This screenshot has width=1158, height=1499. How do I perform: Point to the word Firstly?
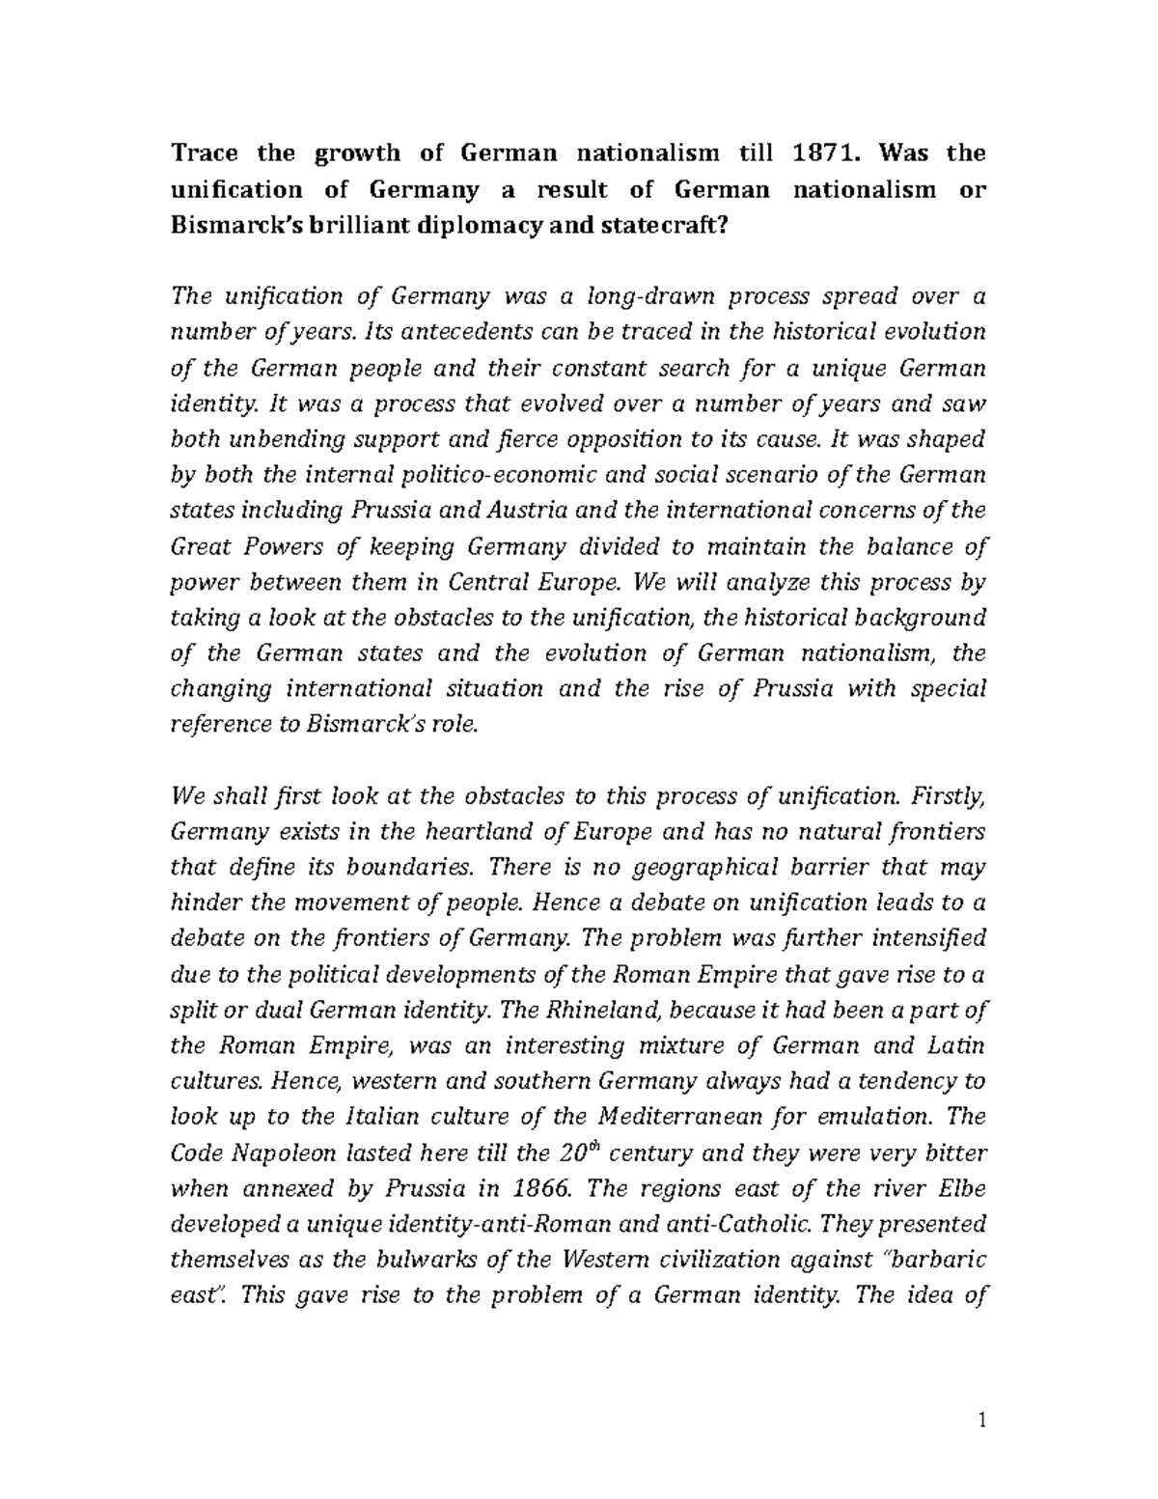click(x=949, y=795)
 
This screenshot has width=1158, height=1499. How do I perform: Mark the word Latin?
click(x=955, y=1045)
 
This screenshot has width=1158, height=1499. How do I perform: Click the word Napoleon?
click(x=279, y=1152)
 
